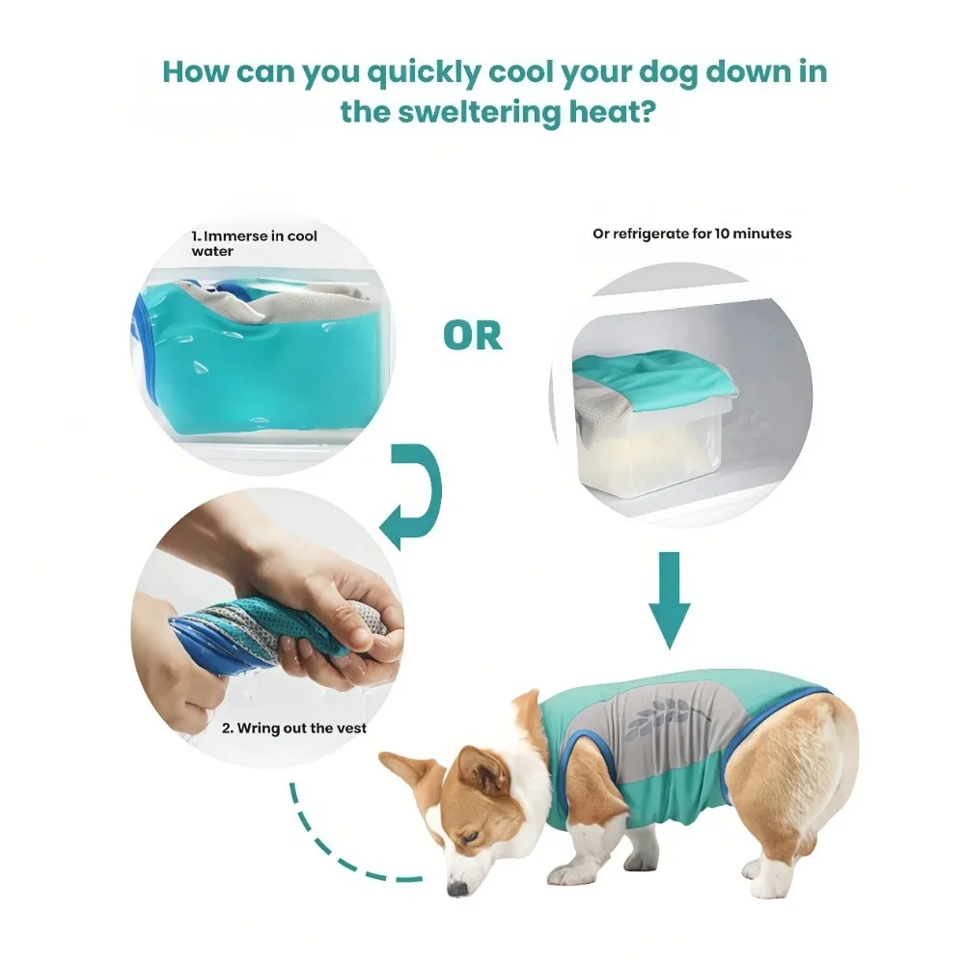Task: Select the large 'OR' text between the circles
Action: point(473,336)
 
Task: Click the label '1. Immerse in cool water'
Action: point(254,243)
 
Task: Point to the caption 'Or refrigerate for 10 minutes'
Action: point(692,234)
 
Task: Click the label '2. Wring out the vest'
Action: point(293,728)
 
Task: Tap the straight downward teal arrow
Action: point(670,600)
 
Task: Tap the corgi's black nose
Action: point(457,888)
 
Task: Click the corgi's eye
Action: point(472,837)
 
